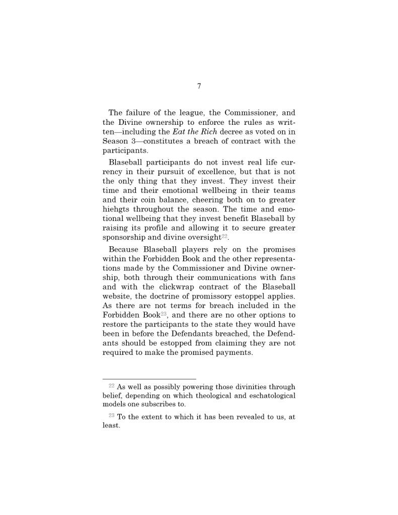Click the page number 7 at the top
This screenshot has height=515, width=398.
pyautogui.click(x=199, y=87)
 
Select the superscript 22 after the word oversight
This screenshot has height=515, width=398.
pyautogui.click(x=224, y=236)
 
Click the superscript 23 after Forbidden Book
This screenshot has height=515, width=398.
pyautogui.click(x=164, y=313)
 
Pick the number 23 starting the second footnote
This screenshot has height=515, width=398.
pyautogui.click(x=112, y=415)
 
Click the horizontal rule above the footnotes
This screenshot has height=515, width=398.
pyautogui.click(x=149, y=379)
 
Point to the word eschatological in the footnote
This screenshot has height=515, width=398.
pyautogui.click(x=270, y=395)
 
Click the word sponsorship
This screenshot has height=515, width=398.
pyautogui.click(x=126, y=237)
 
